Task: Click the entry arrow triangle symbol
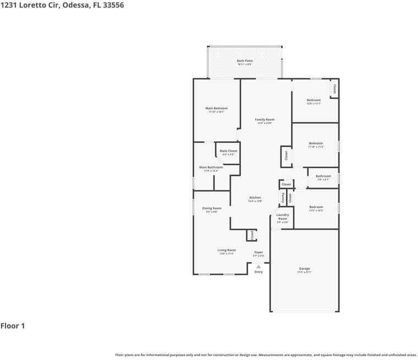pos(258,267)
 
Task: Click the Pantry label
pos(283,197)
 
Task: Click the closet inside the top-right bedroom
pos(334,88)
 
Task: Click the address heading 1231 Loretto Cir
pos(62,5)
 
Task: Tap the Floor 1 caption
pos(13,326)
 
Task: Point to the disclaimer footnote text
pos(266,355)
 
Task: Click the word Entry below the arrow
pos(258,272)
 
